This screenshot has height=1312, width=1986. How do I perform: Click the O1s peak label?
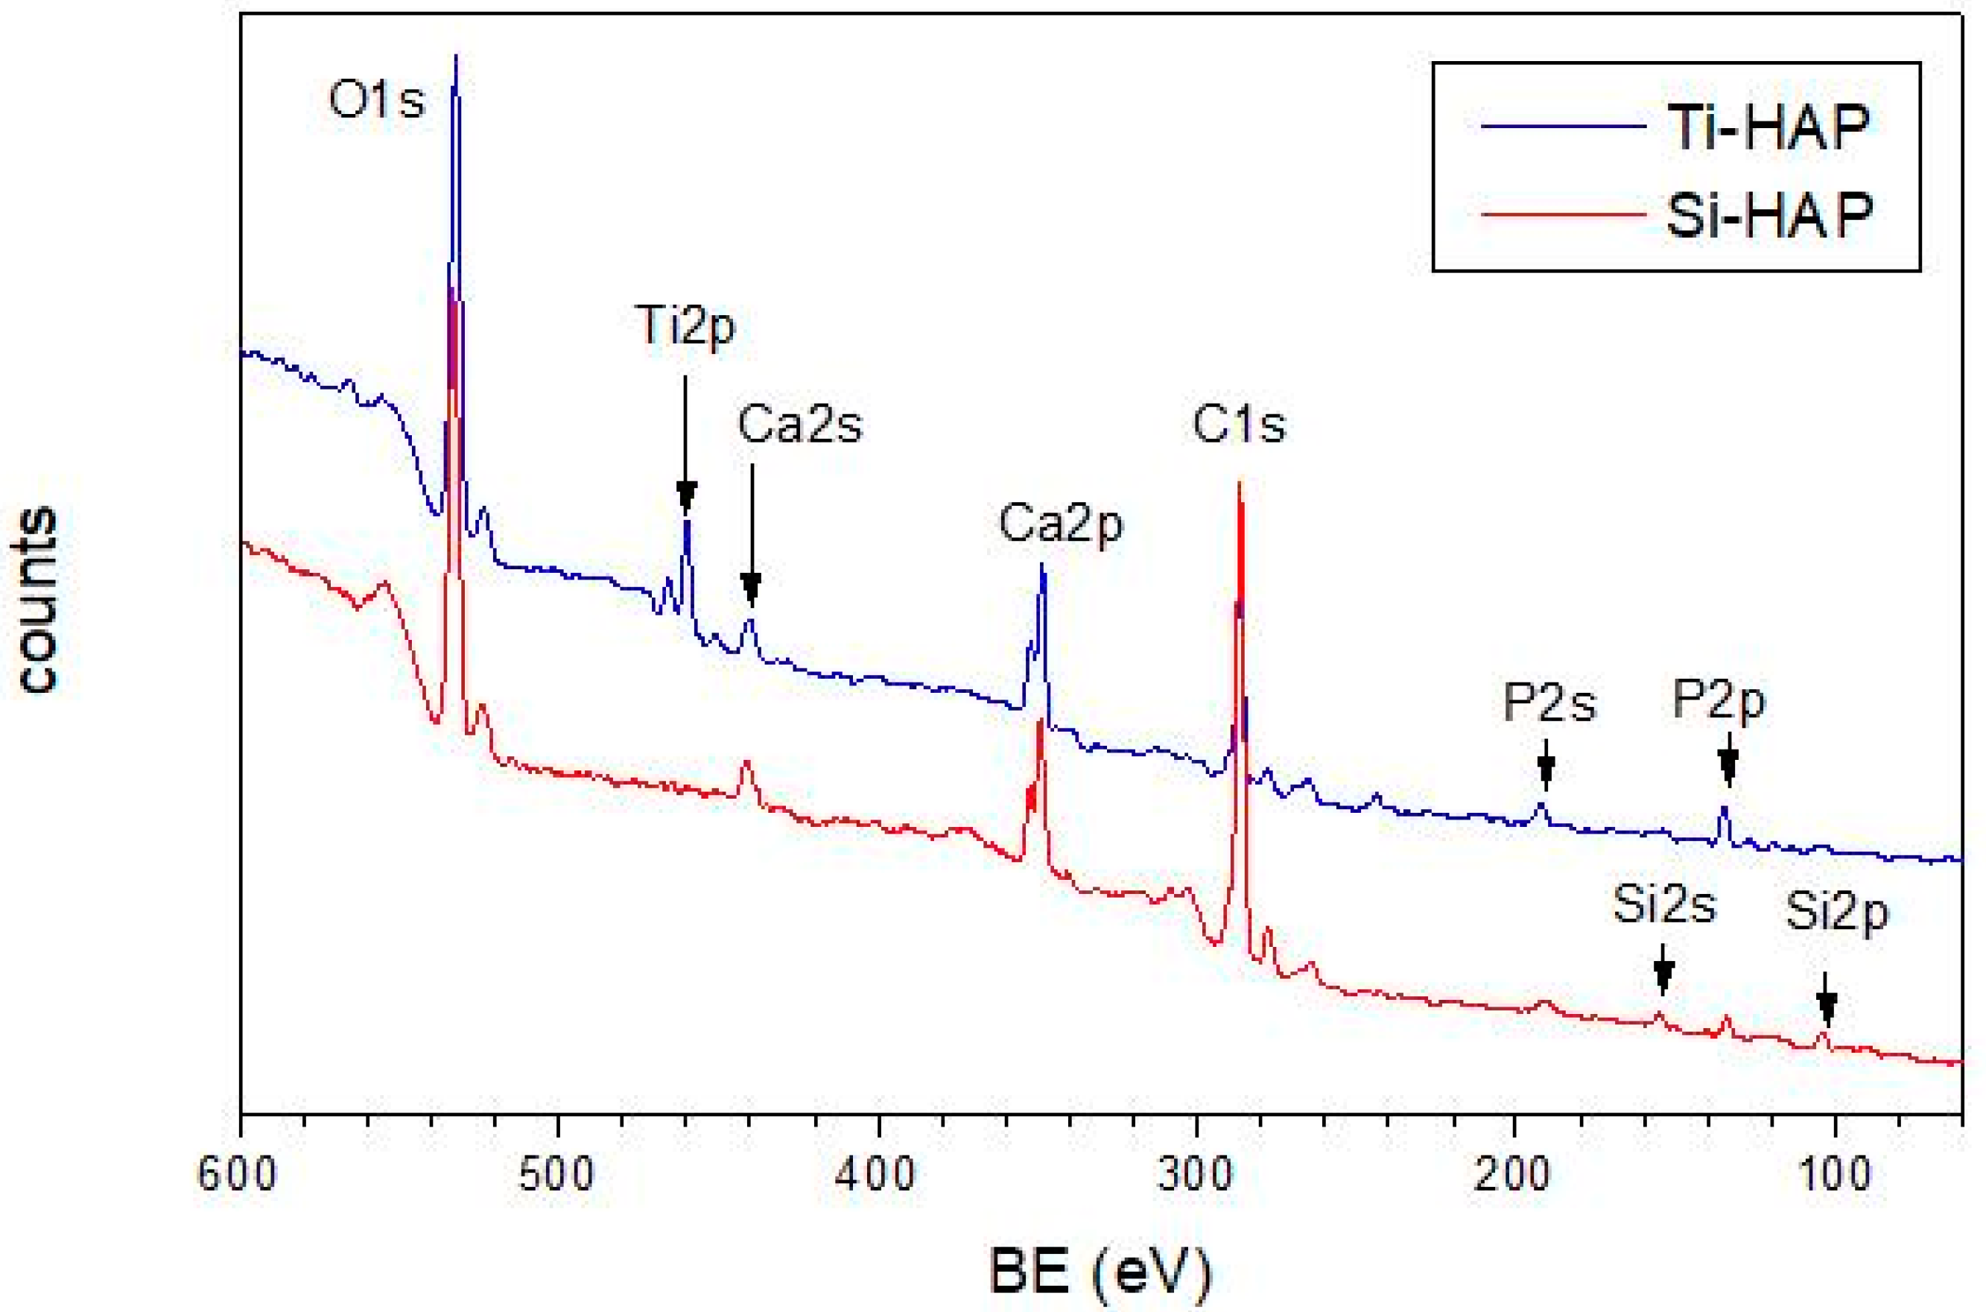point(376,101)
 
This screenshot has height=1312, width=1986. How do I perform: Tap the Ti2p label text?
point(686,326)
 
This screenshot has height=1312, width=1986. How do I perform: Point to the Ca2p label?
point(1061,525)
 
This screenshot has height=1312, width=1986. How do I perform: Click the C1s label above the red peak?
point(1238,425)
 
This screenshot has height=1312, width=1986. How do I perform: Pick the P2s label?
point(1549,703)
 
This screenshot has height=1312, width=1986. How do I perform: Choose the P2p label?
point(1719,700)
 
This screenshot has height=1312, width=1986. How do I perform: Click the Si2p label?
point(1837,912)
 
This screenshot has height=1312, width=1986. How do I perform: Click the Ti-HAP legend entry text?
point(1768,127)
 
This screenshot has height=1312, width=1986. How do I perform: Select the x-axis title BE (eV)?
point(1100,1272)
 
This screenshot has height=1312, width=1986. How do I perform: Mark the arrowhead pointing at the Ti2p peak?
point(686,497)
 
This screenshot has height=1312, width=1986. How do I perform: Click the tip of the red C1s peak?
point(1240,484)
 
